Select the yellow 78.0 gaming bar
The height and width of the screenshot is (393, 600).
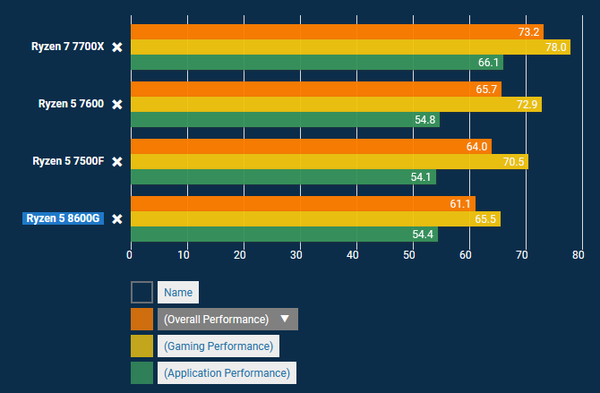(x=350, y=47)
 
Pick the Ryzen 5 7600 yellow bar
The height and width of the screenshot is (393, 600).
(x=336, y=104)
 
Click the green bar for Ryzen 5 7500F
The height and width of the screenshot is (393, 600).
(x=283, y=176)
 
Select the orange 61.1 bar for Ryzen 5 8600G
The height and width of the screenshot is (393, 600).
(x=303, y=203)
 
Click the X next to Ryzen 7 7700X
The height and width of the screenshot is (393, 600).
(x=116, y=47)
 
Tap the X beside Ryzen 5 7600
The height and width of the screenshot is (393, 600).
(x=116, y=104)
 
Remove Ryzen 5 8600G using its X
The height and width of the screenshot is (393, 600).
(x=116, y=218)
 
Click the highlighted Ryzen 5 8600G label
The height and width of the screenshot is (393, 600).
(x=63, y=218)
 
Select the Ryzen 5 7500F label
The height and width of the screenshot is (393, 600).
(x=68, y=161)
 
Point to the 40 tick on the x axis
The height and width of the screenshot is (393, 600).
(x=353, y=255)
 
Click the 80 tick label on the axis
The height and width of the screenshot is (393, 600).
(x=577, y=255)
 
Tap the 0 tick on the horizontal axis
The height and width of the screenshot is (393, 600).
(x=130, y=255)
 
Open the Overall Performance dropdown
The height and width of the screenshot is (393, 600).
(x=227, y=319)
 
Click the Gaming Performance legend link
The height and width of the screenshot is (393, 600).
(x=219, y=346)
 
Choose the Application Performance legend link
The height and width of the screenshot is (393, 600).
(x=227, y=372)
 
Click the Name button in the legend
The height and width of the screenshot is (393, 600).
(x=178, y=292)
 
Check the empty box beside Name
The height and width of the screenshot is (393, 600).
(x=141, y=292)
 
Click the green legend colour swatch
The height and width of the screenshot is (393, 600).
(x=141, y=372)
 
